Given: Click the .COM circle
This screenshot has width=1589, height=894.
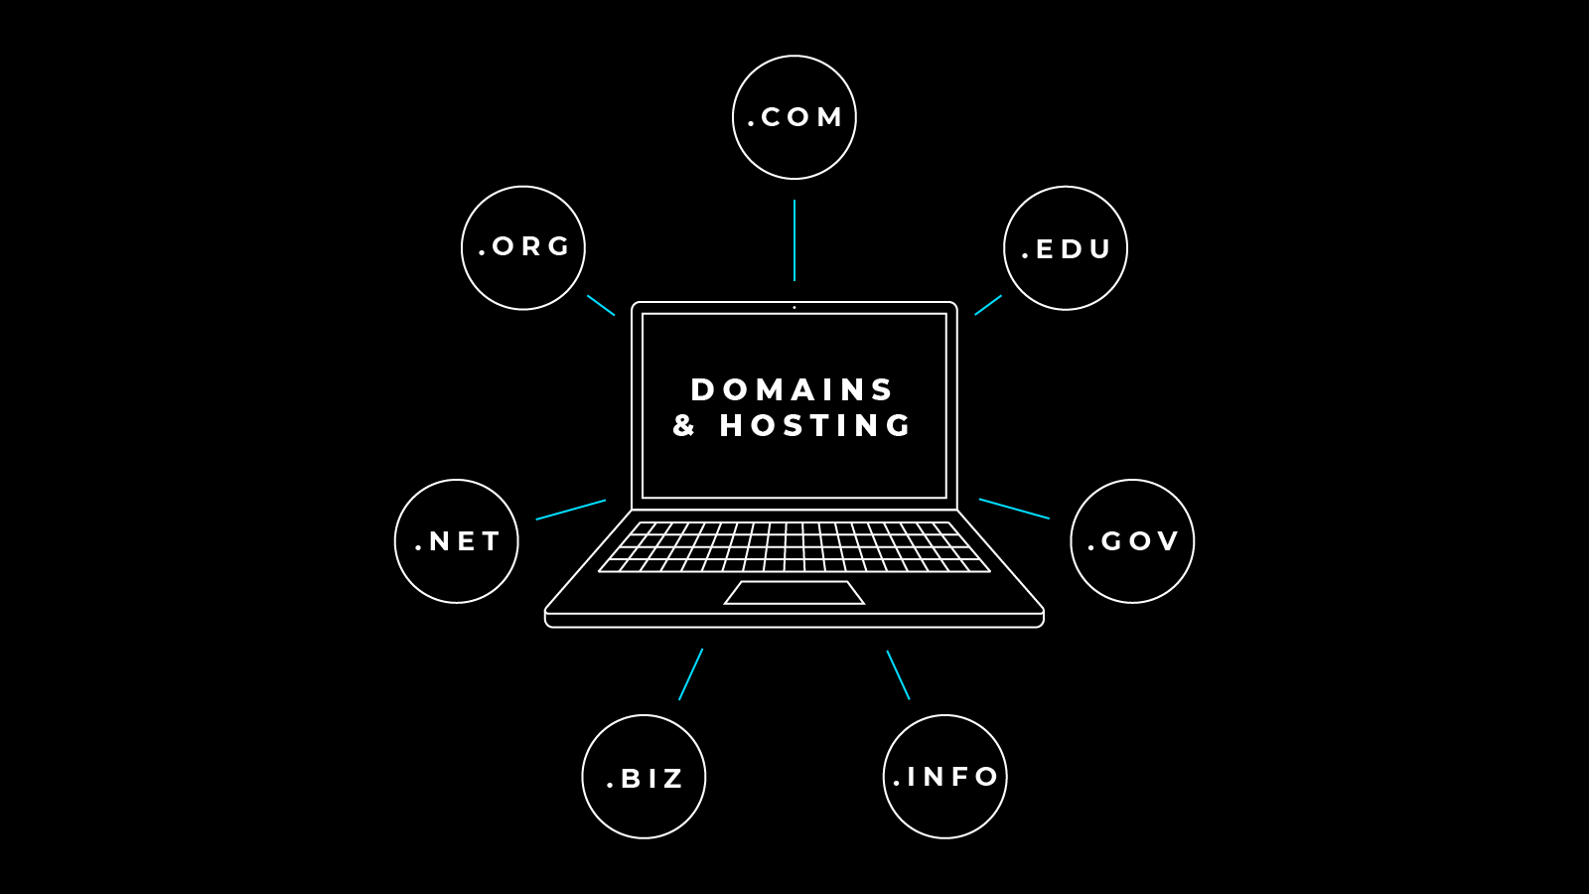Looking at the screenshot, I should pos(794,117).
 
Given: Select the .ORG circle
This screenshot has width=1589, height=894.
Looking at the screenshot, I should pos(523,247).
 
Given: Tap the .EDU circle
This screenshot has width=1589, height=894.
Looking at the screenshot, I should pos(1066,248).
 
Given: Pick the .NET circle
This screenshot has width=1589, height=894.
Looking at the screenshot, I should pos(457,541).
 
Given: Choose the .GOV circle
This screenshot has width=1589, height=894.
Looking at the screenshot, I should pos(1132,541).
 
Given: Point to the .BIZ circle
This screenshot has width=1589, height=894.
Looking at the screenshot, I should pos(644,777).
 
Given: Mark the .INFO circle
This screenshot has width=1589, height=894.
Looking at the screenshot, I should pos(945,777).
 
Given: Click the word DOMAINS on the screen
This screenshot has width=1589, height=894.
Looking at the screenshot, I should pos(793,389).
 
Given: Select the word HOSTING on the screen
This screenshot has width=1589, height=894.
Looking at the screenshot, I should pos(815,425).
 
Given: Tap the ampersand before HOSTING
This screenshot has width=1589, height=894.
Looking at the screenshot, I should pos(683,425).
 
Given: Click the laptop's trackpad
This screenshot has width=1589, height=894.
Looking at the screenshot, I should pos(794,593).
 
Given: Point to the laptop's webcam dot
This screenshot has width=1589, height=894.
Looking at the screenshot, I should pos(794,308).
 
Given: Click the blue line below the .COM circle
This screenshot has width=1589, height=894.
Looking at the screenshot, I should pos(794,240).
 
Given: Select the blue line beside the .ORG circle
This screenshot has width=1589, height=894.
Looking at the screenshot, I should pos(601,305).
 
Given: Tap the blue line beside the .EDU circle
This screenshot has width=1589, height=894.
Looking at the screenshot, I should pos(988,305).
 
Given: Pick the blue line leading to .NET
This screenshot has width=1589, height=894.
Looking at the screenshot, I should pos(571,510).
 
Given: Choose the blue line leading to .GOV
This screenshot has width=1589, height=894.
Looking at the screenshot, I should pos(1014,509).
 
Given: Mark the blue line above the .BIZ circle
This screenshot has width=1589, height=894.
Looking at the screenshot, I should pos(690,674).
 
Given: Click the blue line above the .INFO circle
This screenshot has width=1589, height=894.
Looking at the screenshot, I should pos(898,675).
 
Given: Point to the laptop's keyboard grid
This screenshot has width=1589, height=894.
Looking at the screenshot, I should pos(794,546).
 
